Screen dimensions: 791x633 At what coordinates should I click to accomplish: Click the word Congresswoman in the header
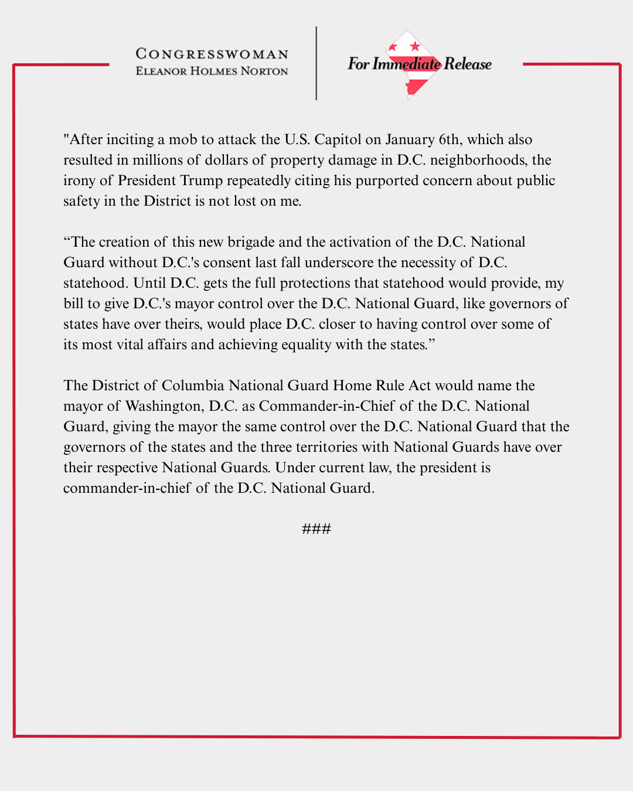coord(212,54)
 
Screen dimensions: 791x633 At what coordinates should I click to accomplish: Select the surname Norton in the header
coord(264,71)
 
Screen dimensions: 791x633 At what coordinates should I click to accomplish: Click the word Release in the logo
coord(468,64)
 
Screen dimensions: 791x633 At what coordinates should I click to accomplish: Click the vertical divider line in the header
coord(316,63)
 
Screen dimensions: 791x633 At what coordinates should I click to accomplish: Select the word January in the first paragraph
coord(409,139)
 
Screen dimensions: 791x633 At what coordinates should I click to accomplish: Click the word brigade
coord(251,242)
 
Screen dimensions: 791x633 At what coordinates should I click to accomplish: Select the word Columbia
coord(193,386)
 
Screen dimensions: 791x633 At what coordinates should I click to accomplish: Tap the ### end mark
coord(316,529)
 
